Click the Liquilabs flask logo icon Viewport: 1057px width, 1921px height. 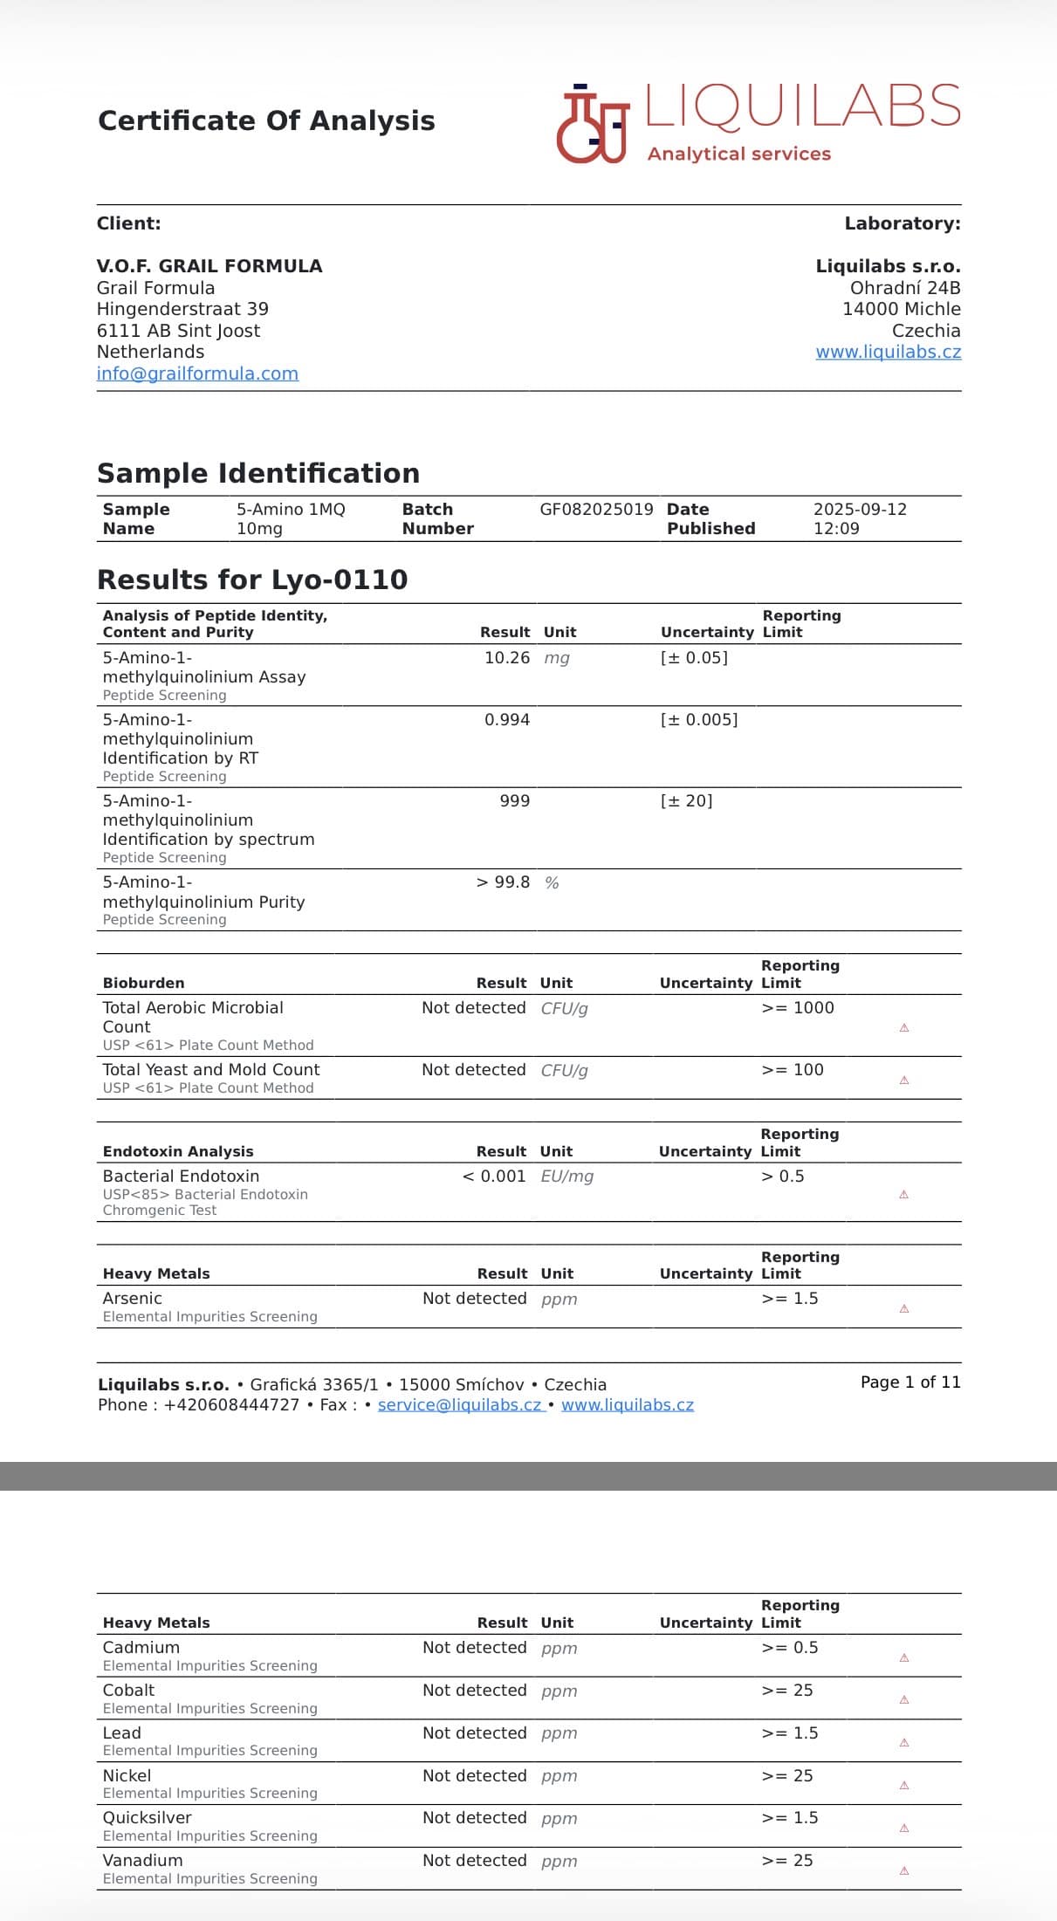[x=593, y=124]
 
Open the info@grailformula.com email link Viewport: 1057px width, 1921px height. [x=197, y=374]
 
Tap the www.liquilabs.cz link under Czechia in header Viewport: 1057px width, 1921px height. [x=888, y=352]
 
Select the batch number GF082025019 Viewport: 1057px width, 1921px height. [x=596, y=510]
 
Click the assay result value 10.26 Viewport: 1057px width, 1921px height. [x=506, y=658]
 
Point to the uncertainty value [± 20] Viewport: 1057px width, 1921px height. [x=686, y=801]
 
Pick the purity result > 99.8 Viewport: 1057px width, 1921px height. [x=503, y=882]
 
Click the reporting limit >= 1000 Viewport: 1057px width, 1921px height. [x=798, y=1008]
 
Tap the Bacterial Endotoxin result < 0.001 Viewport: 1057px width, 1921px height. [x=494, y=1177]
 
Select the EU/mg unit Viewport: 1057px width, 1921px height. [x=567, y=1177]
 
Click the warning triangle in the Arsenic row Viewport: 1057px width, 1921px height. [x=904, y=1308]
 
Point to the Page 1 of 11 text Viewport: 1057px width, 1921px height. [x=909, y=1382]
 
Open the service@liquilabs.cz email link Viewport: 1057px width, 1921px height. [x=460, y=1405]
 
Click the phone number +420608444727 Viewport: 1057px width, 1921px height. [x=231, y=1405]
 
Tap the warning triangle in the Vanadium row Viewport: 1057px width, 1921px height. [x=904, y=1870]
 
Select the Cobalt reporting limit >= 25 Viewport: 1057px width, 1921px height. [x=786, y=1691]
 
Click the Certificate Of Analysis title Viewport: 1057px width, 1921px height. [x=266, y=120]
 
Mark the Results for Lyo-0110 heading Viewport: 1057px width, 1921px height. [x=252, y=580]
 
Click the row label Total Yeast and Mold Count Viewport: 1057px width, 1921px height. [x=211, y=1070]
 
